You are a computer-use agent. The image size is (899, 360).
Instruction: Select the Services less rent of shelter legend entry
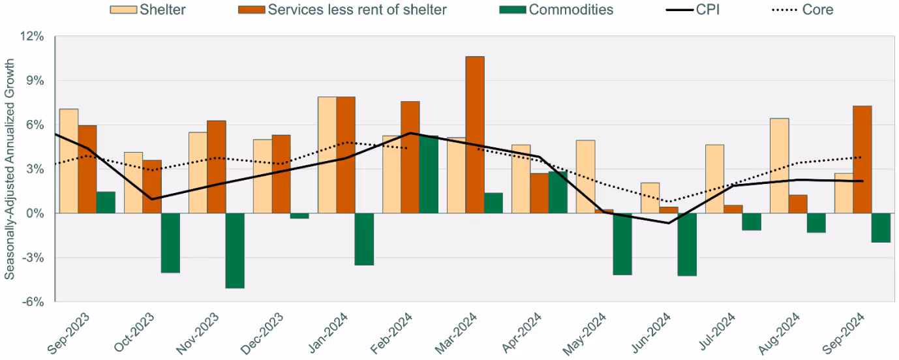click(346, 10)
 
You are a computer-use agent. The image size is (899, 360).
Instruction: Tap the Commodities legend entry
click(561, 10)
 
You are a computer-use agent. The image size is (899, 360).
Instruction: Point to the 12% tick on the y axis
click(32, 37)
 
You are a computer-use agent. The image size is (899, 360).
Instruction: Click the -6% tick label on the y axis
click(32, 302)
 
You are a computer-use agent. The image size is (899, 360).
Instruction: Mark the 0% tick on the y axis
click(35, 213)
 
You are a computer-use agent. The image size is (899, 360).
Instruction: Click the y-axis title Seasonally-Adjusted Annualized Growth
click(10, 170)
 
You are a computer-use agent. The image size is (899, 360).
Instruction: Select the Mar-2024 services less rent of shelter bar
click(475, 135)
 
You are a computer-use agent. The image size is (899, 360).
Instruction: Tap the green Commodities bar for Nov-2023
click(235, 250)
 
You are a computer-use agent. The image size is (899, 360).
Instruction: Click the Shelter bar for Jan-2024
click(327, 155)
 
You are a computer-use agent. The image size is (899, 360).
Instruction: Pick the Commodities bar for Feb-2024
click(429, 174)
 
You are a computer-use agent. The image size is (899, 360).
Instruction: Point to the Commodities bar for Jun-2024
click(687, 245)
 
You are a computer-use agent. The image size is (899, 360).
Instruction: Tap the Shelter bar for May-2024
click(585, 177)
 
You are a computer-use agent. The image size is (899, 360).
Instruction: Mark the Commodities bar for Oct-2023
click(170, 243)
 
